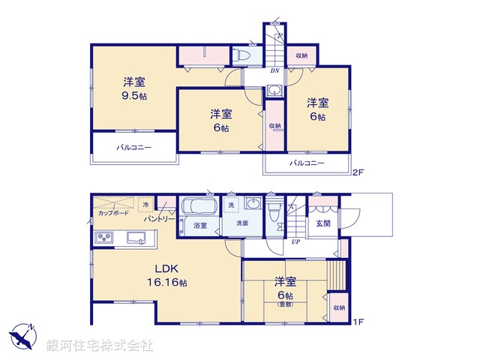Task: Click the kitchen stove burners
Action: pos(103,238)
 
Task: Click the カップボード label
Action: pos(113,213)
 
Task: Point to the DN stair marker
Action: pos(274,70)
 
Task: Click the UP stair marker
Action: pos(296,241)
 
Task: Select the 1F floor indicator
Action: pos(358,322)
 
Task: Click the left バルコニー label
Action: pos(133,148)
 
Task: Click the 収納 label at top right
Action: pos(301,55)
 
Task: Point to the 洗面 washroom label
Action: pos(242,223)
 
